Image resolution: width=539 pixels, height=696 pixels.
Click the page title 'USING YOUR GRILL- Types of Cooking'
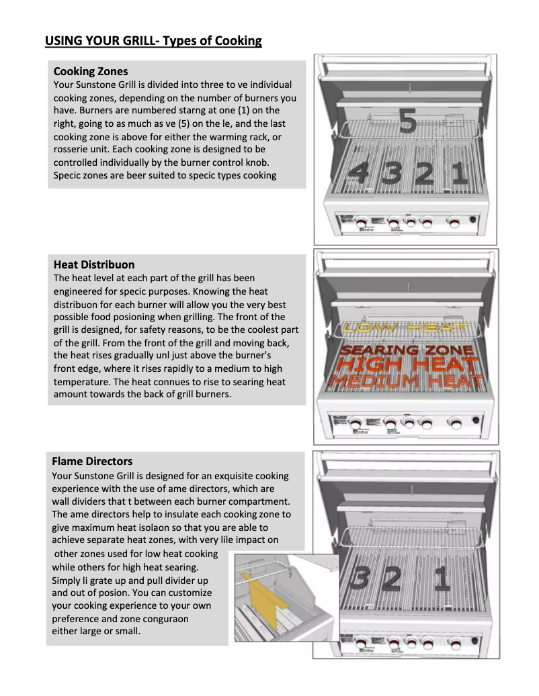point(153,41)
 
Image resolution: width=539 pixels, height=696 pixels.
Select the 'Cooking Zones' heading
point(90,71)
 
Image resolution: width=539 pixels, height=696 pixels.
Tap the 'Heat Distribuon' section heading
point(93,264)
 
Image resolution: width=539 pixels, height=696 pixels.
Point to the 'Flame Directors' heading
point(92,461)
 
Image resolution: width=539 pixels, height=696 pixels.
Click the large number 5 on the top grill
point(408,121)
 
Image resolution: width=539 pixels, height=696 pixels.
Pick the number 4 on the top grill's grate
point(358,175)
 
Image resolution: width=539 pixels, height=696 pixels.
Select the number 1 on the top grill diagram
point(458,174)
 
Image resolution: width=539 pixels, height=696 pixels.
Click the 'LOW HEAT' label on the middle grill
point(405,328)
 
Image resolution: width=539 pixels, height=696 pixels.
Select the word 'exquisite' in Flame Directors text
point(218,476)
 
